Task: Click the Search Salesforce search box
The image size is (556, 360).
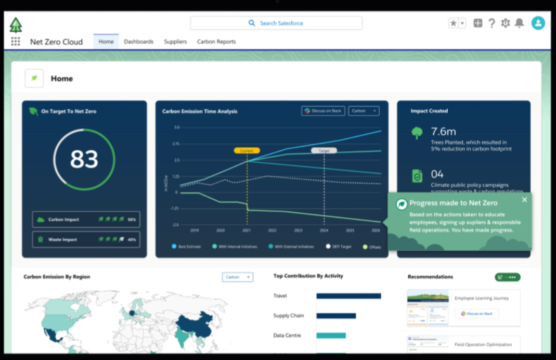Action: [276, 23]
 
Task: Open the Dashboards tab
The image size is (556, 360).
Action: [138, 42]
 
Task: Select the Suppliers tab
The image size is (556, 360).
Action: [175, 42]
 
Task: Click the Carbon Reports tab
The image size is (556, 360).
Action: [216, 42]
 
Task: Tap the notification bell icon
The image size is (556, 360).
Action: [519, 23]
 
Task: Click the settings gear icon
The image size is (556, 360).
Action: [505, 23]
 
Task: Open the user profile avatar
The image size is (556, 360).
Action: [538, 23]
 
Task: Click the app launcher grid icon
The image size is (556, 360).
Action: [16, 42]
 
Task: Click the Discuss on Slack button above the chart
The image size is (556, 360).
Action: [323, 111]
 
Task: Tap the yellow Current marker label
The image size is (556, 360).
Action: [247, 150]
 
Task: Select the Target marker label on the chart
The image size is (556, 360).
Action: [324, 150]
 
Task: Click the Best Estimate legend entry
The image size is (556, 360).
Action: [188, 247]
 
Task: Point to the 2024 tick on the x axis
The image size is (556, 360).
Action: [324, 230]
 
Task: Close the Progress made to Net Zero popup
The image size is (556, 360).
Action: [524, 200]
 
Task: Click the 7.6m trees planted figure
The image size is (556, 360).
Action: [444, 131]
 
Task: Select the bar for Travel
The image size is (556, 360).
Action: [348, 296]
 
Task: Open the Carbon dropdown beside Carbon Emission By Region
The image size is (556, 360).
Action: [237, 277]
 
